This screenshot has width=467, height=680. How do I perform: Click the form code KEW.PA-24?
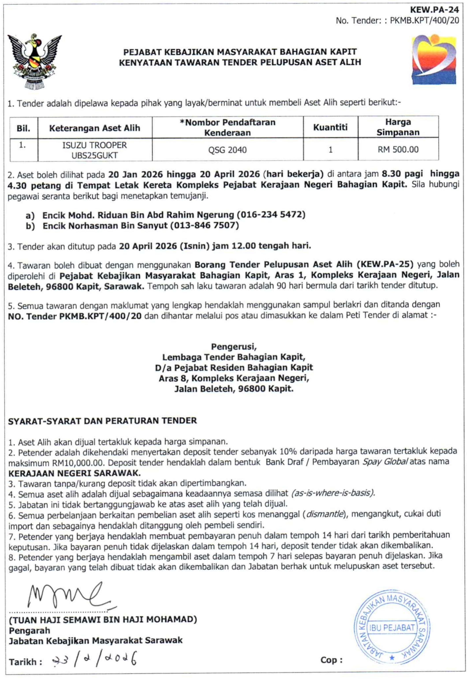(x=434, y=10)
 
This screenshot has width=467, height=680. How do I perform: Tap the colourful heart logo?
(x=434, y=60)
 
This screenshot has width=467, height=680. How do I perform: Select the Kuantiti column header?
(x=330, y=127)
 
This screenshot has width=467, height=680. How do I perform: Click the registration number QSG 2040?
(x=227, y=150)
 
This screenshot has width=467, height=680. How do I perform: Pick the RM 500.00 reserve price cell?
(x=398, y=150)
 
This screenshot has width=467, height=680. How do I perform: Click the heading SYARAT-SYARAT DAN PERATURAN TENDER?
(x=102, y=421)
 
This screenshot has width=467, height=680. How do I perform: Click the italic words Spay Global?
(x=385, y=462)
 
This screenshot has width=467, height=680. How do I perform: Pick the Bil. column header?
(x=23, y=128)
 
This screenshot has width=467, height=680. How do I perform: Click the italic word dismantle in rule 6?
(x=324, y=514)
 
